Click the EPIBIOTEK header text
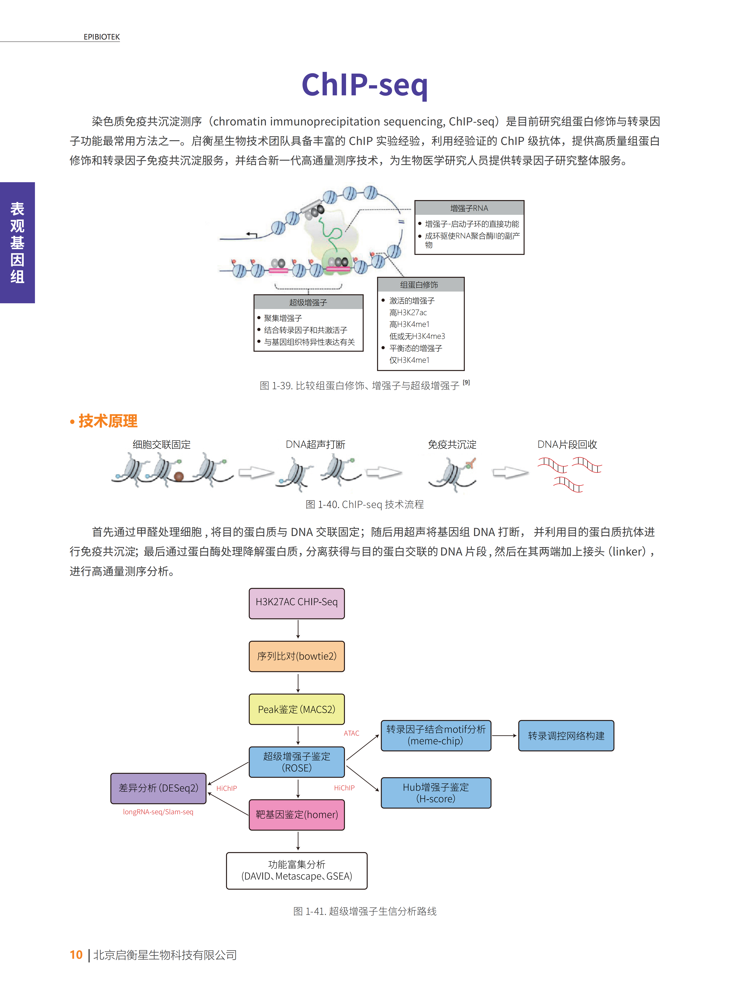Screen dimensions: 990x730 coord(102,37)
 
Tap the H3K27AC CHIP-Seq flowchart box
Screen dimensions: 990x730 coord(297,603)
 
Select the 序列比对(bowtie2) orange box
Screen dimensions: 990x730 coord(297,656)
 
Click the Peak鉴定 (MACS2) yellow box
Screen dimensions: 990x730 coord(297,709)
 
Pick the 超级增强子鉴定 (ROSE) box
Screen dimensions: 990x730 coord(297,762)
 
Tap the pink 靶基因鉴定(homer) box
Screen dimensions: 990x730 coord(297,815)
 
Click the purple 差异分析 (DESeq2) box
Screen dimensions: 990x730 coord(158,788)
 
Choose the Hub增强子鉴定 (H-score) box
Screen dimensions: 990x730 coord(436,793)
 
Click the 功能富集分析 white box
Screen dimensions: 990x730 coord(297,870)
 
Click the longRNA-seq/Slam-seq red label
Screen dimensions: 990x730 coord(158,812)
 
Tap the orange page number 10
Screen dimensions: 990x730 coord(76,955)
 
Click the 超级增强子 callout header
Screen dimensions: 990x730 coord(308,303)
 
